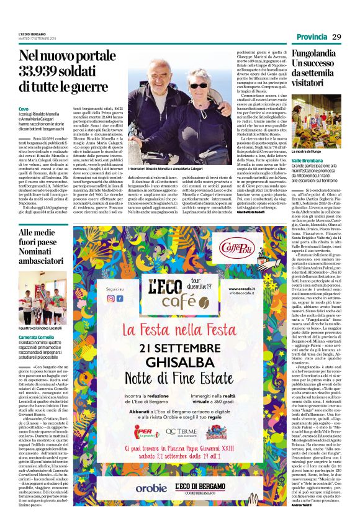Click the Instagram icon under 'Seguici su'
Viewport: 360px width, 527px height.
point(111,298)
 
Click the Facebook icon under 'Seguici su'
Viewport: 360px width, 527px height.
point(120,298)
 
